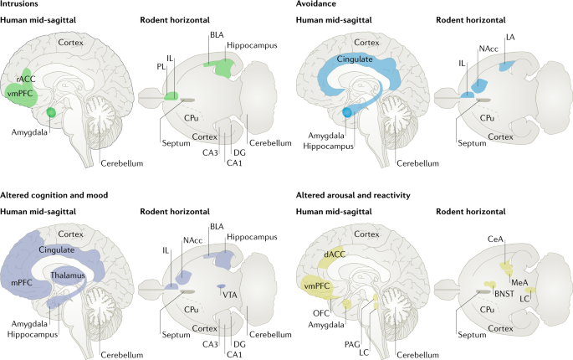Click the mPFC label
tap(23, 285)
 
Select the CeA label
tap(494, 239)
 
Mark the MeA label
tap(519, 282)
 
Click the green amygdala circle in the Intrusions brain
tap(51, 112)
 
